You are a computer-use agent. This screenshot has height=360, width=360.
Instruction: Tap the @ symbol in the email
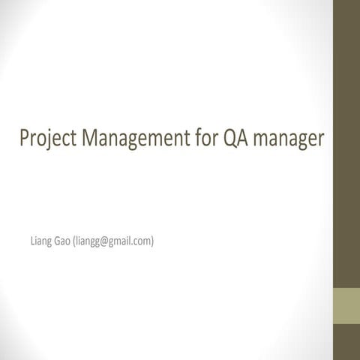pos(103,241)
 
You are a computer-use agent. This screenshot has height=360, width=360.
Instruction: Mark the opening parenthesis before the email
pos(75,241)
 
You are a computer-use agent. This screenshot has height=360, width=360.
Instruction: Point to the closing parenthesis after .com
pos(152,241)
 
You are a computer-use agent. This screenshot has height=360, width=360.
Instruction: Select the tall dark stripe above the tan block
pos(346,142)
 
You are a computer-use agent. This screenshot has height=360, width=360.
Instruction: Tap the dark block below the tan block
pos(346,342)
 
